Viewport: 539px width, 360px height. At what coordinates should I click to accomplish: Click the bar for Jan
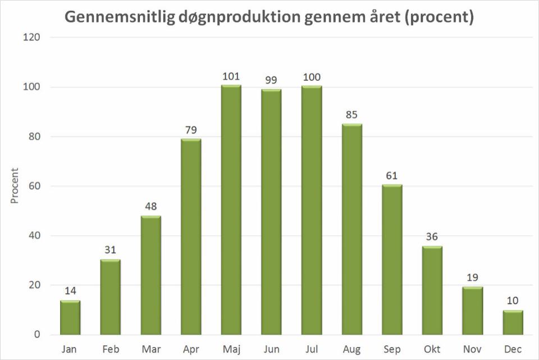70,318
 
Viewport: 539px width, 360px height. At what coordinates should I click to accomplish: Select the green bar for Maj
231,210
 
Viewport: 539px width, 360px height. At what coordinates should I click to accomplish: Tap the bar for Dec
513,323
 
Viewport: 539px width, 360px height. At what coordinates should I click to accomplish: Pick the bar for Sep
392,259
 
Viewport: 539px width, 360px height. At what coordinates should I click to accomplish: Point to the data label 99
271,80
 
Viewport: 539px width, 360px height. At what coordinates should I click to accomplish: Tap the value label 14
70,291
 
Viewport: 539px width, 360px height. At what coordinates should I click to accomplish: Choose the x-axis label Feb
111,349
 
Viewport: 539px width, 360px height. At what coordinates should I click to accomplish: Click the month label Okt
432,349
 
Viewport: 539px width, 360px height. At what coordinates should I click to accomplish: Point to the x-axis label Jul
312,349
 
